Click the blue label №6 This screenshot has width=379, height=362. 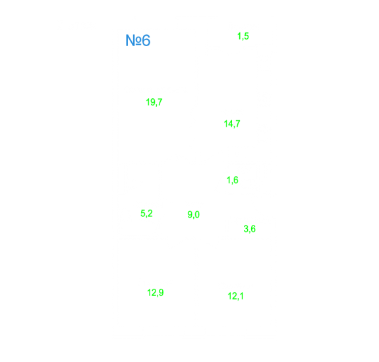pos(138,40)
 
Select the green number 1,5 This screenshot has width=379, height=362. pos(243,36)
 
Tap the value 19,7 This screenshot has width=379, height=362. pos(154,102)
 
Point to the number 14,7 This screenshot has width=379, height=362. pos(232,124)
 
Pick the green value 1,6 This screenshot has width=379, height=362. pos(232,180)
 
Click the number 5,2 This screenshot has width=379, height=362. pos(146,214)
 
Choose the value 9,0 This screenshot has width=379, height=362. pos(193,215)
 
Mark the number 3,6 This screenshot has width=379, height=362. pos(249,229)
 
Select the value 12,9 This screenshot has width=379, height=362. pos(155,293)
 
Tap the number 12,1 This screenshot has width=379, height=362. pos(235,296)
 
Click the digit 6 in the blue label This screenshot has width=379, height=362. pos(146,40)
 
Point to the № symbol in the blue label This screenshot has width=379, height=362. pos(133,40)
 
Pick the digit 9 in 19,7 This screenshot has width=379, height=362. pos(152,102)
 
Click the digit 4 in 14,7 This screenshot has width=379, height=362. pos(230,123)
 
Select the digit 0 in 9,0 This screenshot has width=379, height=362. pos(197,214)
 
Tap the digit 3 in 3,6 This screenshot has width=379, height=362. pos(246,229)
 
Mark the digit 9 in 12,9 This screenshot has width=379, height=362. pos(161,293)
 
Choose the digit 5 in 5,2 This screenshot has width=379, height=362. pos(143,213)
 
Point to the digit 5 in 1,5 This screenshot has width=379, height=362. pos(246,36)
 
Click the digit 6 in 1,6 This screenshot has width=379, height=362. pos(236,180)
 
